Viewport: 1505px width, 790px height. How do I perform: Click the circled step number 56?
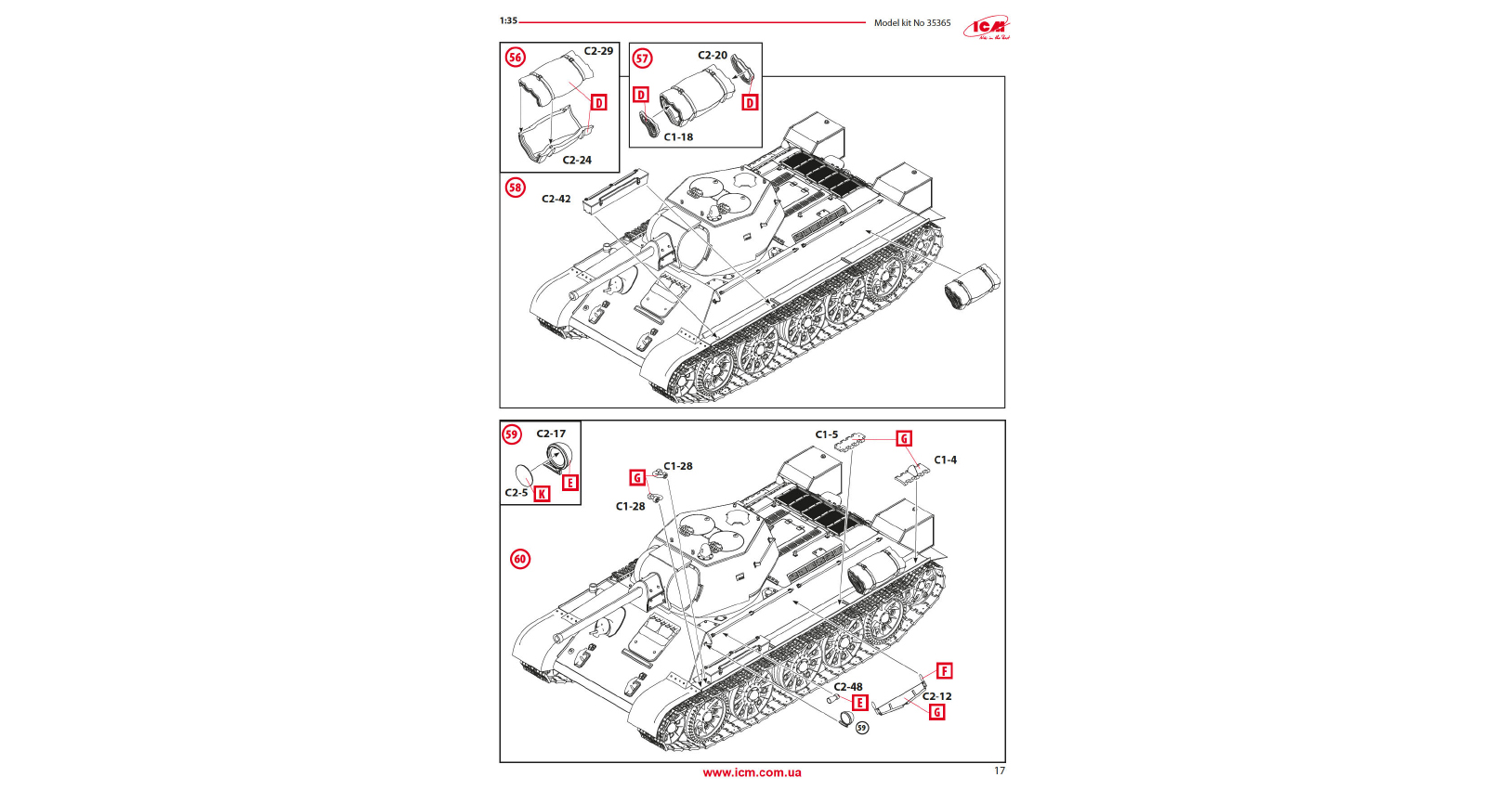pos(515,58)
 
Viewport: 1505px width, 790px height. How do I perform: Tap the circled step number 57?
pos(642,58)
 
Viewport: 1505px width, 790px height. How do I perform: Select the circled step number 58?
pos(515,188)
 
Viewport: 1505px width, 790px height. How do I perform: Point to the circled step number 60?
pos(520,559)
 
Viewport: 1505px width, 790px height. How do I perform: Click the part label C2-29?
pos(598,51)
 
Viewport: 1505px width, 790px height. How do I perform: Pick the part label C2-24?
pos(577,160)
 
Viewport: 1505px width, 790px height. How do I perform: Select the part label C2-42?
pos(556,199)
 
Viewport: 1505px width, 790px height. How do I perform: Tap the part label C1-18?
pos(678,136)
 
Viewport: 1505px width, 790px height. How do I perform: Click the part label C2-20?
pos(713,56)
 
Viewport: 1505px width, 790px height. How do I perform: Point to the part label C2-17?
pos(551,434)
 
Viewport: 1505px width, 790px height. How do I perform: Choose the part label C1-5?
pos(827,434)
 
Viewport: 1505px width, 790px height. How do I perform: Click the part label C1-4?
pos(945,460)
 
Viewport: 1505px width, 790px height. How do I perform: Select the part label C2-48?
pos(848,687)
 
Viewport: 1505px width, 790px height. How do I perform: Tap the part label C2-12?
pos(936,696)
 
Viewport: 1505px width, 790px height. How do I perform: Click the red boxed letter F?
pos(944,671)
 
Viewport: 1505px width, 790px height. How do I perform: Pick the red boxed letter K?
pos(542,494)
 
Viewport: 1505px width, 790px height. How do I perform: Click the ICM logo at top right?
pos(986,28)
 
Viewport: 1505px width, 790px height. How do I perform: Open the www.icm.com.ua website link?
pos(752,772)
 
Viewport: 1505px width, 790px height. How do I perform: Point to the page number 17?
pos(1000,771)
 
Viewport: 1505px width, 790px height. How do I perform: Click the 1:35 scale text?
pos(508,20)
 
